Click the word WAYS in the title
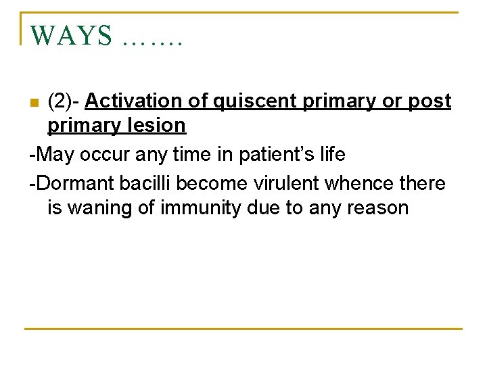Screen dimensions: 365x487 point(71,36)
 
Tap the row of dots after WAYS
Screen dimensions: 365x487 point(154,41)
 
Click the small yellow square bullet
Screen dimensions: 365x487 point(34,103)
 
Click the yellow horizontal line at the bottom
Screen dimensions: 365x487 point(243,329)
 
